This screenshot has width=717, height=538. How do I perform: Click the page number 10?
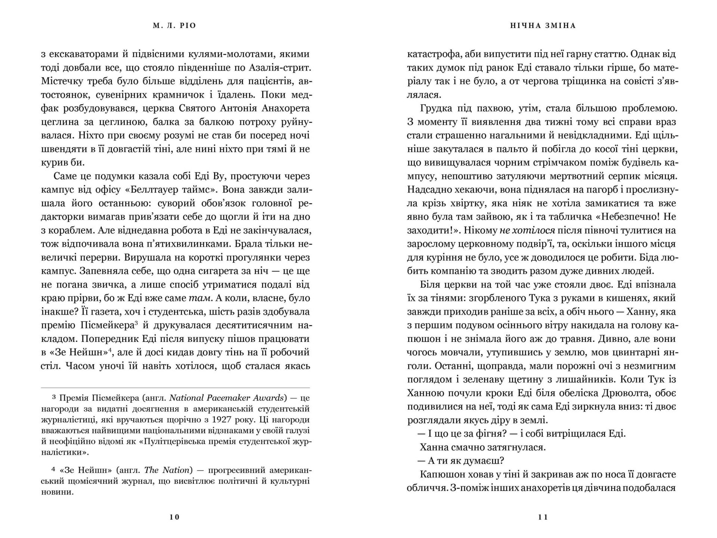[174, 517]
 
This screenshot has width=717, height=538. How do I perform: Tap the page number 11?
[543, 517]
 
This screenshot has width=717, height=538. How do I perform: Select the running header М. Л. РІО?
[174, 26]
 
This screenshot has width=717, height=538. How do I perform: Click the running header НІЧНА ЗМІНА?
[543, 26]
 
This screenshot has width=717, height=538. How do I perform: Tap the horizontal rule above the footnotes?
[175, 388]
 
